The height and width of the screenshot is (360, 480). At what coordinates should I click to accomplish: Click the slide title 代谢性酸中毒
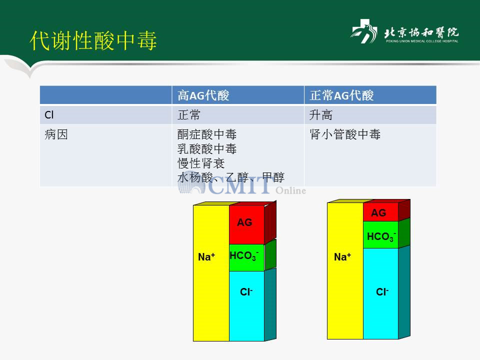(x=93, y=40)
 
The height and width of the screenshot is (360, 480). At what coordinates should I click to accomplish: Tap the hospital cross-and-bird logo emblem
(x=364, y=31)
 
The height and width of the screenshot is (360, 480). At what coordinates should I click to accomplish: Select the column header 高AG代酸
(x=203, y=95)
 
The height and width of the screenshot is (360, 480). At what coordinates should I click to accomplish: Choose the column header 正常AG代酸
(x=341, y=95)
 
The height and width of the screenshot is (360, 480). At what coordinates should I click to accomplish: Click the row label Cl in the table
(x=49, y=115)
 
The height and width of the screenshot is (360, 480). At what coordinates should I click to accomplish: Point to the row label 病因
(x=56, y=134)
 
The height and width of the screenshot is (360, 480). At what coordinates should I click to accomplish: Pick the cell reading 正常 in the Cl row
(x=189, y=115)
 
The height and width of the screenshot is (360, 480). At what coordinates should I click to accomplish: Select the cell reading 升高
(x=321, y=115)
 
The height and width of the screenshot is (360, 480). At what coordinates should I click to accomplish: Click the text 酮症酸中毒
(x=207, y=134)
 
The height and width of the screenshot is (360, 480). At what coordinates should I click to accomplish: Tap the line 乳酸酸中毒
(x=207, y=149)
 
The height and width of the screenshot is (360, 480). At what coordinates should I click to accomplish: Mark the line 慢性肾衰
(x=201, y=163)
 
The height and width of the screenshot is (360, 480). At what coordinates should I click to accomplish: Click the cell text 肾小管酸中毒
(x=345, y=134)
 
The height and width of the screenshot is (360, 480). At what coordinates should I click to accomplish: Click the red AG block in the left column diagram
(x=246, y=224)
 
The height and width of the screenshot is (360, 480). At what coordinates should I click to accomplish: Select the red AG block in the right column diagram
(x=380, y=212)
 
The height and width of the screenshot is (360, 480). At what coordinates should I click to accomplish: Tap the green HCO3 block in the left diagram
(x=246, y=257)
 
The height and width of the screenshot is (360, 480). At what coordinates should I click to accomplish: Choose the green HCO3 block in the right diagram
(x=380, y=234)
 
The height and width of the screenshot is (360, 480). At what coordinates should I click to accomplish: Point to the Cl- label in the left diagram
(x=246, y=291)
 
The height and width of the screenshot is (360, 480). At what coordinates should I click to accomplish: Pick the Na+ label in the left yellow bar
(x=206, y=257)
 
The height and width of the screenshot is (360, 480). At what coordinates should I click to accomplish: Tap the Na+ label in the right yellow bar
(x=342, y=257)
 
